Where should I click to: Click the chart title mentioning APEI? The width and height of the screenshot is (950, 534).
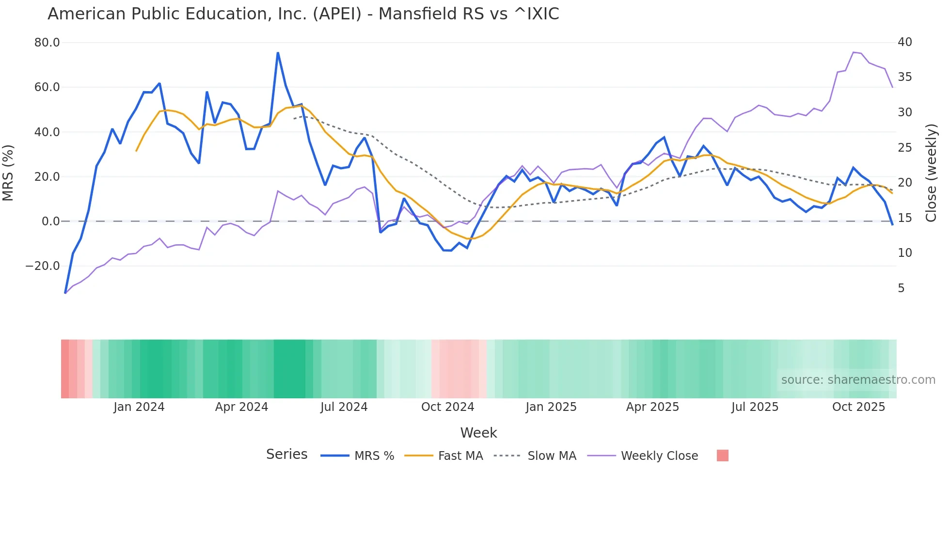(303, 14)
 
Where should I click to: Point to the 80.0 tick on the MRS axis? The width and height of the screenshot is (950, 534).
(47, 43)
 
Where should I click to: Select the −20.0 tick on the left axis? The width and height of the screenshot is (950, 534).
(43, 266)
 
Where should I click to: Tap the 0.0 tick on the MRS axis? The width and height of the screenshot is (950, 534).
(50, 221)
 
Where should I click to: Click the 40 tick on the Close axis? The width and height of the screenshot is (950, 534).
(905, 42)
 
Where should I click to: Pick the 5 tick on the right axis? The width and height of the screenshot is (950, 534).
(901, 288)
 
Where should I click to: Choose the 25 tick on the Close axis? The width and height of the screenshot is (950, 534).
(905, 148)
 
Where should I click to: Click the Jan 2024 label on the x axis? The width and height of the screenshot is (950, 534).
(139, 407)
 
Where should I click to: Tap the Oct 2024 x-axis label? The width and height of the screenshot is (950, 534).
(447, 407)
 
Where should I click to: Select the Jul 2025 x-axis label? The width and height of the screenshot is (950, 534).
(755, 407)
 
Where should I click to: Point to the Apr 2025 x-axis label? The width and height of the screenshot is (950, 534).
(652, 407)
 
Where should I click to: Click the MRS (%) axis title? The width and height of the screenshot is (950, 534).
(8, 173)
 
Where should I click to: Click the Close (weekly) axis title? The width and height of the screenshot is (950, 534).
(931, 173)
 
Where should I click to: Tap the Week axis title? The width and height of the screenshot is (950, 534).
(478, 433)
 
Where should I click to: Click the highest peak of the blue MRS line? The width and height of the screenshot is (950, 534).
(278, 53)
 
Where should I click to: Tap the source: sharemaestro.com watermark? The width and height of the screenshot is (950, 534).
(858, 380)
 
